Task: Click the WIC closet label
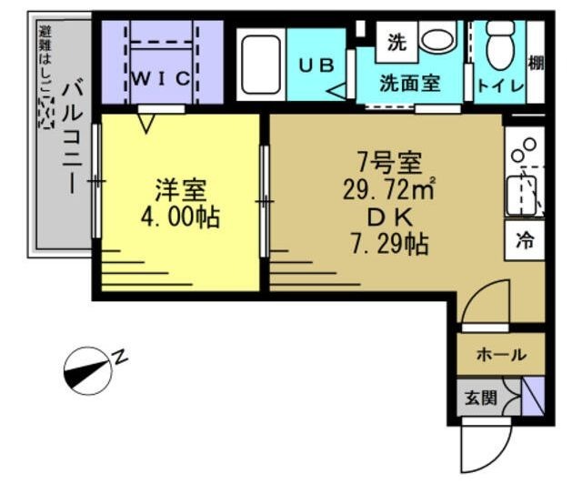(x=162, y=78)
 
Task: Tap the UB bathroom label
(x=316, y=65)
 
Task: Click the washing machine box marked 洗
(x=396, y=41)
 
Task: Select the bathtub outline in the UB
(x=261, y=63)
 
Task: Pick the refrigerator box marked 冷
(x=526, y=241)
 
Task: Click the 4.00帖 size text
(x=180, y=218)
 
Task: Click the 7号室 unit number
(x=389, y=164)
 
